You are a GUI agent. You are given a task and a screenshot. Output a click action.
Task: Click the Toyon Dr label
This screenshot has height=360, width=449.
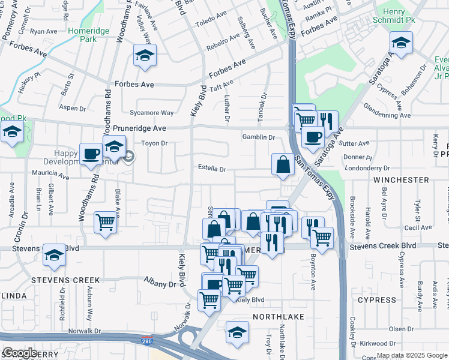point(154,143)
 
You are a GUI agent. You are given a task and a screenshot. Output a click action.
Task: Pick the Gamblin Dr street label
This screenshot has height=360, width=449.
point(258,137)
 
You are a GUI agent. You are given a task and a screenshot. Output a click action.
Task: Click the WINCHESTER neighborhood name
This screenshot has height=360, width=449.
point(400,179)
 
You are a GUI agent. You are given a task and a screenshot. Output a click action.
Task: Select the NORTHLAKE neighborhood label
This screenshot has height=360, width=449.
point(278,316)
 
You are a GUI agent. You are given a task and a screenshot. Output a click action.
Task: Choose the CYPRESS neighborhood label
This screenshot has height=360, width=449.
point(377,299)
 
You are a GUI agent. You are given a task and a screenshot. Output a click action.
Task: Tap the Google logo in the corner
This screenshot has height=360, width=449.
point(20,352)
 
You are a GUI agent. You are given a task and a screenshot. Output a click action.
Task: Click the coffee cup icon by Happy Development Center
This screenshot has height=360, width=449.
point(91,154)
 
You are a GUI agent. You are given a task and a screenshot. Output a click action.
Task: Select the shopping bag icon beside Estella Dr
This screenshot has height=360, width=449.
point(283,164)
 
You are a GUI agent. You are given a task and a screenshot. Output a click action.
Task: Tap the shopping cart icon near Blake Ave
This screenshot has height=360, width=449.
point(106,222)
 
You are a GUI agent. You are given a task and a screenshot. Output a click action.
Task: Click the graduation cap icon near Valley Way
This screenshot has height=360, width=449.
point(144,56)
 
